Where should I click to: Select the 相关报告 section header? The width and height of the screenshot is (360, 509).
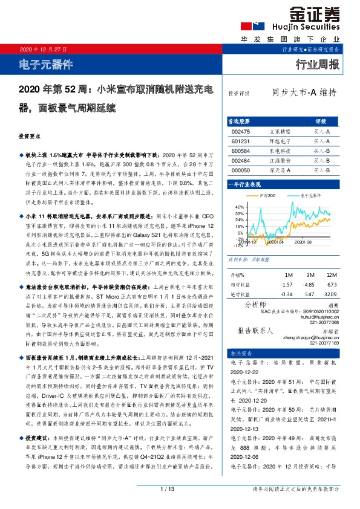tap(238, 353)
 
